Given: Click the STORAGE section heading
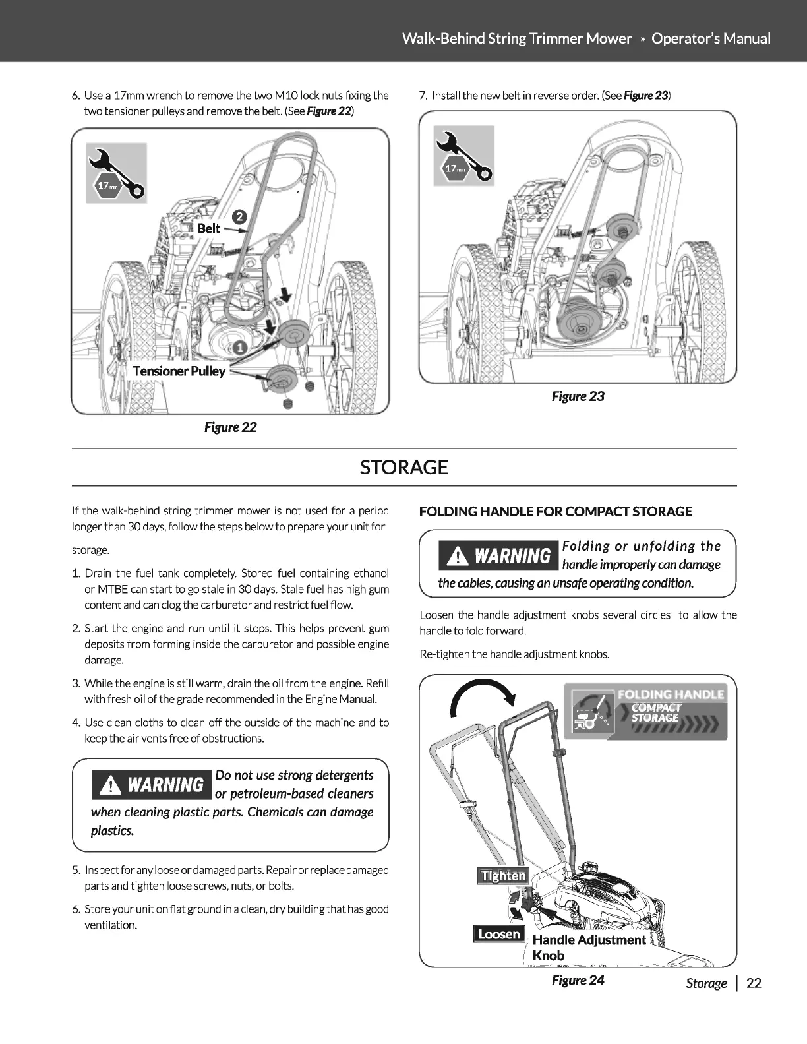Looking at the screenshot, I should (403, 467).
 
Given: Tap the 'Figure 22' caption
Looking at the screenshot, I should (230, 427).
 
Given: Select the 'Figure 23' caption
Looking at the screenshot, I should (578, 396).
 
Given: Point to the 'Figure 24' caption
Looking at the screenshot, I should (578, 980).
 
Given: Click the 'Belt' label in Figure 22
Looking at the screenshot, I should (208, 228).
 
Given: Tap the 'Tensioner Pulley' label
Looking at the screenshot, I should (179, 371).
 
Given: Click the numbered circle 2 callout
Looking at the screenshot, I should (240, 216).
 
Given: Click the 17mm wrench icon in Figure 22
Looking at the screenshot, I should (117, 173).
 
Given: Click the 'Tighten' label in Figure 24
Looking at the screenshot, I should (504, 876).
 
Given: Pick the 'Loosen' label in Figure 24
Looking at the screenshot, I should (499, 934).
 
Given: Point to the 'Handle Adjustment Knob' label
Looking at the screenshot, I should (588, 947).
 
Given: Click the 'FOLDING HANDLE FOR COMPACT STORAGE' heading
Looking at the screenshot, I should (556, 512).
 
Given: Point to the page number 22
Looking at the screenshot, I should (754, 983).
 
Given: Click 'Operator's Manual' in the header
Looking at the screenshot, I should (711, 38).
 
